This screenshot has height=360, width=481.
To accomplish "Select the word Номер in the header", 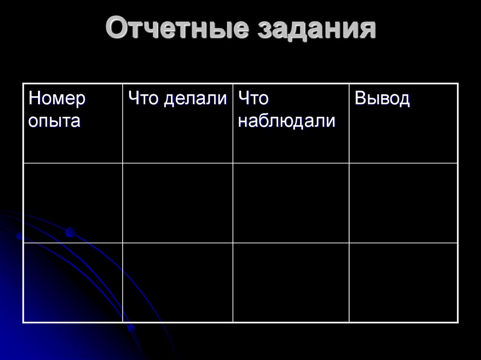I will (57, 99).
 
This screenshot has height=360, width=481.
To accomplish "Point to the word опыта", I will (54, 121).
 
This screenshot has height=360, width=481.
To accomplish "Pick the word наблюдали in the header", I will (287, 121).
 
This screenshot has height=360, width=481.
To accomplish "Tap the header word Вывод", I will (382, 99).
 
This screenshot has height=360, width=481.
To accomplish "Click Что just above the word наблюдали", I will (253, 99).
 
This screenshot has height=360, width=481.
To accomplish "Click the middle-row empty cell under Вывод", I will (403, 203).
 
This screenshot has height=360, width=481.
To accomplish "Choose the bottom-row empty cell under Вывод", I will (403, 283).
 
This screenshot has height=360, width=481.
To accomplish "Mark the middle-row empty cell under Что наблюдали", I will (291, 203).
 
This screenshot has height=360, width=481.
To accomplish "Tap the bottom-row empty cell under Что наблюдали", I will (291, 283).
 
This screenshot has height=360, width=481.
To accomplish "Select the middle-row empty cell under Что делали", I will (178, 203).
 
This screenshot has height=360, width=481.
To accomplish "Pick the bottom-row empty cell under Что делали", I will (178, 283).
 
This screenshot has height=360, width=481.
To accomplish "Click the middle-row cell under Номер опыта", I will (73, 203).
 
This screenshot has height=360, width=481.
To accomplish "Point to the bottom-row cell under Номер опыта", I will (73, 283).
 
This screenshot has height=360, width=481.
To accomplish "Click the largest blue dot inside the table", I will (70, 231).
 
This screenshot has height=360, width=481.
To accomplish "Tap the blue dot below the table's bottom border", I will (132, 328).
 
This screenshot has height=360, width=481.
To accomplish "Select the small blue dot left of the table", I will (19, 236).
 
